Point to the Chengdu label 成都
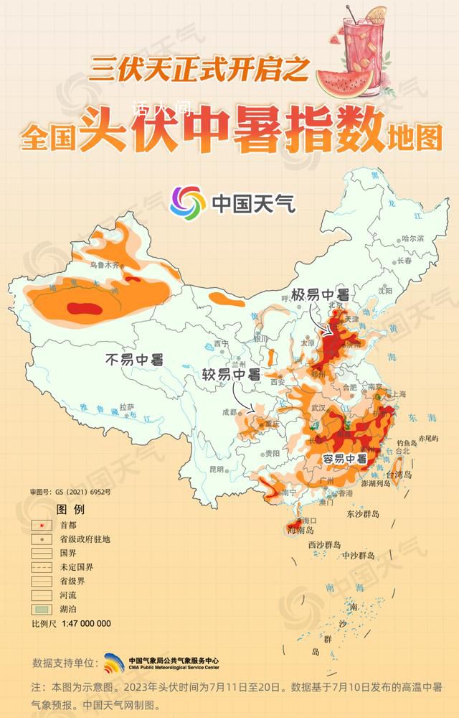coord(229,412)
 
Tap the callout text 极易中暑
coord(319,295)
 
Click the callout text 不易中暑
coord(133,359)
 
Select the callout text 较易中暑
coord(230,375)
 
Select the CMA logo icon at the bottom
coord(114,663)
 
